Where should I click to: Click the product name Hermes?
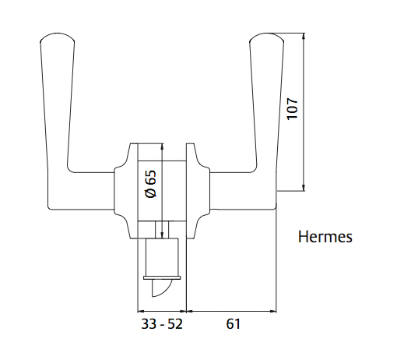[x=325, y=237]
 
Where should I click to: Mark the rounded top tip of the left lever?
[x=54, y=37]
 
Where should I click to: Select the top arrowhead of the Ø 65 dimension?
[x=161, y=146]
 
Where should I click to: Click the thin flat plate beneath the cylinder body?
[x=161, y=277]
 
